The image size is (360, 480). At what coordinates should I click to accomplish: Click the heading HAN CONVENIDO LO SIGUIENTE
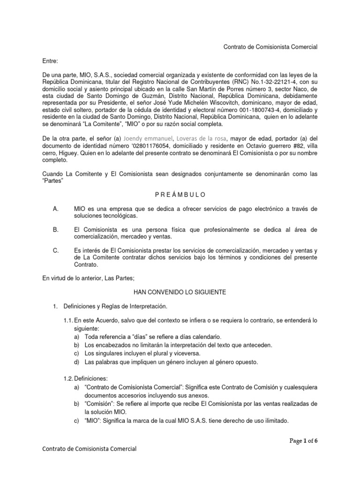pos(180,292)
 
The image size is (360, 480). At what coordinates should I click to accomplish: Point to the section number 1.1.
pos(67,320)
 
